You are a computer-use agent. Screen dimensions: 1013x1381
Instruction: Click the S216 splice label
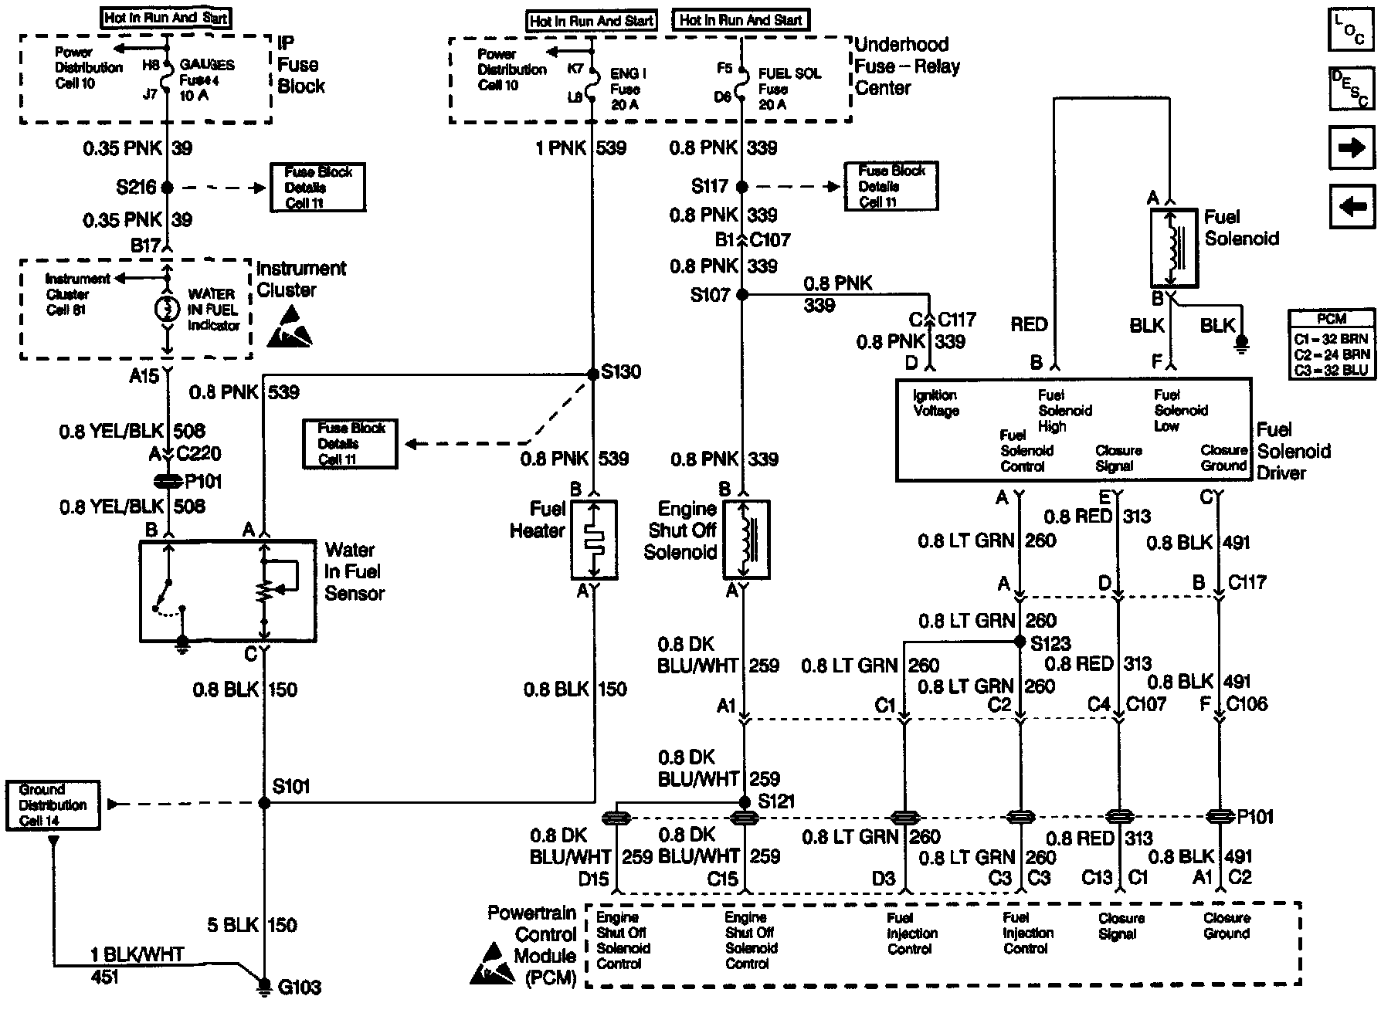136,187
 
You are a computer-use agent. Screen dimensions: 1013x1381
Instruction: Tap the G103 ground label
299,987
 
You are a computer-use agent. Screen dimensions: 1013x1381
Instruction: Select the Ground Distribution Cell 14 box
53,805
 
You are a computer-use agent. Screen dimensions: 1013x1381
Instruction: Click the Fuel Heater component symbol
593,539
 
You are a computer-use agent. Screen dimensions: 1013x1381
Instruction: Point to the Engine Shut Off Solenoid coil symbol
746,539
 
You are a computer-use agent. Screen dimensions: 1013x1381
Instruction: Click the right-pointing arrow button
1352,147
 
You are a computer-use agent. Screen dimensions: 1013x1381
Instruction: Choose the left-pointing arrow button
1352,206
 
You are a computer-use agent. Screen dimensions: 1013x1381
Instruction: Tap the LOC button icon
1351,30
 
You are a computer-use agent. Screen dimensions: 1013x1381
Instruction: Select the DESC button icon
1351,88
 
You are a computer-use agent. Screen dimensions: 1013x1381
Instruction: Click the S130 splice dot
593,374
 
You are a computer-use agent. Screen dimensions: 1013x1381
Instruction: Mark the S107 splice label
710,295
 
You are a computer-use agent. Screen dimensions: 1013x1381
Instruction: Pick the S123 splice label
1050,642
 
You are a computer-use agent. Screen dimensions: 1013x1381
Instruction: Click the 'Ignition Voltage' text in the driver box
935,403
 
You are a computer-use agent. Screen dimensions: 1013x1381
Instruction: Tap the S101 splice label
291,786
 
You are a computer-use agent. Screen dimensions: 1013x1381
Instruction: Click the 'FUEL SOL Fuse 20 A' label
789,89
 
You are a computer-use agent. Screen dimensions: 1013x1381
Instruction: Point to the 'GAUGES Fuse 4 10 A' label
206,80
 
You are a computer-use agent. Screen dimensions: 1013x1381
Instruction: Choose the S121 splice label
775,801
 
